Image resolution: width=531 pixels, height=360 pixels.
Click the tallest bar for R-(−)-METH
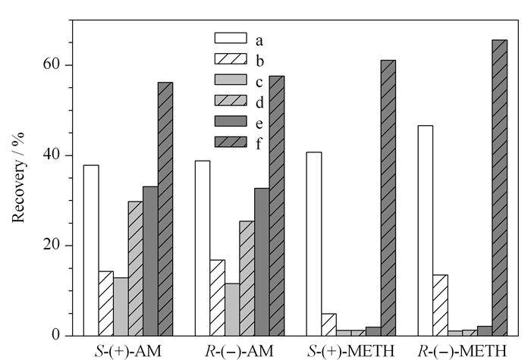[x=499, y=188]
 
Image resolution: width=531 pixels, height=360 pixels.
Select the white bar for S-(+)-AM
[x=91, y=250]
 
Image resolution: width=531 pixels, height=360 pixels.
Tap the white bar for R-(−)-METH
[x=426, y=230]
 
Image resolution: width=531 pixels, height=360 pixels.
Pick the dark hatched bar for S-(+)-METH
[x=388, y=198]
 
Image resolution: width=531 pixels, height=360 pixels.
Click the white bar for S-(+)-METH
[x=314, y=244]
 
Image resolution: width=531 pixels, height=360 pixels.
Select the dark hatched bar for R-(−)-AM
[x=277, y=205]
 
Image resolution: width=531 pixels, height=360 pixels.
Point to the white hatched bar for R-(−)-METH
[x=440, y=305]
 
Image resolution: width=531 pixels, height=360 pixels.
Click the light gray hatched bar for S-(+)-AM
[x=136, y=268]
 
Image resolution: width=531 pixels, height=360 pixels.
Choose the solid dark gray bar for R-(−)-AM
[x=262, y=262]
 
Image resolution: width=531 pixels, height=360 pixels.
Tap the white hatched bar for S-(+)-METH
[x=328, y=325]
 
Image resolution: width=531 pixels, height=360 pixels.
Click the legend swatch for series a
[x=231, y=38]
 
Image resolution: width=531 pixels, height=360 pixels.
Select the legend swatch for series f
[x=231, y=142]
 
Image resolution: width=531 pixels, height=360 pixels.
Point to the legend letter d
[x=259, y=102]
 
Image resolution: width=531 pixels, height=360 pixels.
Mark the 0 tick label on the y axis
[x=55, y=335]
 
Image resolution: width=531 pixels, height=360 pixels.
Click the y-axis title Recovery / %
[x=18, y=177]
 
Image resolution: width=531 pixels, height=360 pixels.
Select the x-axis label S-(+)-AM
[x=128, y=351]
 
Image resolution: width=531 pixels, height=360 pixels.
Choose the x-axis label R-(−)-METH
[x=463, y=351]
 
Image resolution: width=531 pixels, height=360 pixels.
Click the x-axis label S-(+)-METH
[x=351, y=351]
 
